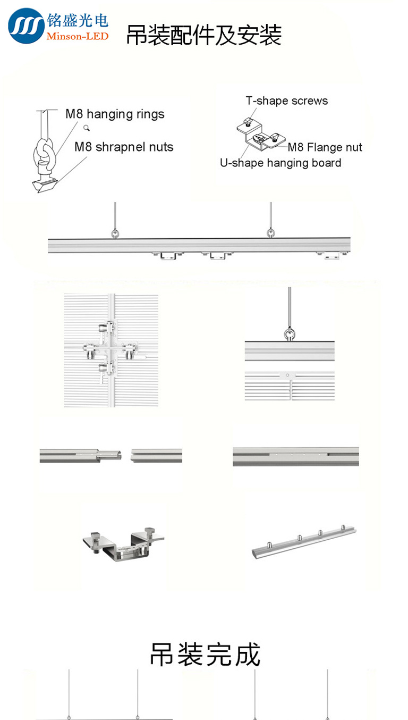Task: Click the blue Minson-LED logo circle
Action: pyautogui.click(x=26, y=26)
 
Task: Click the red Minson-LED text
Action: pyautogui.click(x=78, y=36)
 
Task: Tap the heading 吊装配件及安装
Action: pyautogui.click(x=203, y=35)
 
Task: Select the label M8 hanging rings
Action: pyautogui.click(x=115, y=114)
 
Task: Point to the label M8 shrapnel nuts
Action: pyautogui.click(x=124, y=147)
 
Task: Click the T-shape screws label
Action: pyautogui.click(x=286, y=101)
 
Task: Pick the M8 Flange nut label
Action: pyautogui.click(x=325, y=147)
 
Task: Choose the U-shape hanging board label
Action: pyautogui.click(x=280, y=163)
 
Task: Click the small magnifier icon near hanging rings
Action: pyautogui.click(x=87, y=128)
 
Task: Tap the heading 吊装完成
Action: pyautogui.click(x=205, y=654)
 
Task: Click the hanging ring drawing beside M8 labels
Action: pyautogui.click(x=44, y=154)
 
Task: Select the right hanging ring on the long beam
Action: pyautogui.click(x=270, y=232)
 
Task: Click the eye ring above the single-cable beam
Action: pyautogui.click(x=290, y=333)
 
